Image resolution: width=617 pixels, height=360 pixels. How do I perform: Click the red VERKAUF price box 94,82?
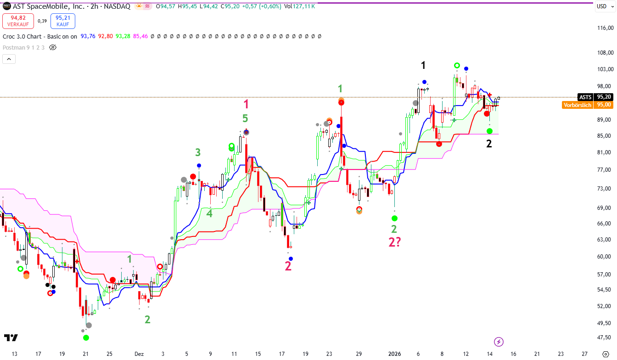click(x=17, y=21)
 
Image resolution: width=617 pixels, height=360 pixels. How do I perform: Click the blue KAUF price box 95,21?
click(x=63, y=21)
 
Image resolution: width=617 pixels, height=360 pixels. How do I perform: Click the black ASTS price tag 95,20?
click(x=595, y=97)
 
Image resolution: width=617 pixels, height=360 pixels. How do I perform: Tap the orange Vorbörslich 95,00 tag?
click(x=587, y=105)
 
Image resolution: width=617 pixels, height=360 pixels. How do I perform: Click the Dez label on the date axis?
click(x=139, y=354)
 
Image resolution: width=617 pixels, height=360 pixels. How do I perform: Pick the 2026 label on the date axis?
click(x=395, y=354)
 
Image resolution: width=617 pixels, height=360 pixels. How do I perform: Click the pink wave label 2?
click(x=394, y=242)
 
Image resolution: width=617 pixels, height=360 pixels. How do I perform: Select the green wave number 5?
click(x=245, y=119)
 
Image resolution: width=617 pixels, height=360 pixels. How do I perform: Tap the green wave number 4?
click(x=209, y=213)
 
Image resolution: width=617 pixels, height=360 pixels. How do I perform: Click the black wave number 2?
click(x=489, y=144)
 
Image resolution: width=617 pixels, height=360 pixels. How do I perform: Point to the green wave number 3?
click(x=198, y=152)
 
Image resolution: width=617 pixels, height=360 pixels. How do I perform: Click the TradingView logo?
click(x=11, y=338)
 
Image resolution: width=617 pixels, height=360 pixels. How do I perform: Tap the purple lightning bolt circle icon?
click(x=499, y=342)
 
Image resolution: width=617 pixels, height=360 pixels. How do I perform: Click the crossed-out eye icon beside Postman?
click(x=52, y=47)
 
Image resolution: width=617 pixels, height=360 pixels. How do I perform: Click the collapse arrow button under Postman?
click(x=9, y=59)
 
